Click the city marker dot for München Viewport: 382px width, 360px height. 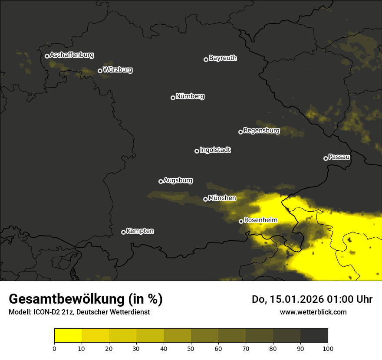(205, 200)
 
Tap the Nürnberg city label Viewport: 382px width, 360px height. (190, 96)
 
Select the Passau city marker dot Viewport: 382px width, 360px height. (326, 158)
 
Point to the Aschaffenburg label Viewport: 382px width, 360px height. (72, 55)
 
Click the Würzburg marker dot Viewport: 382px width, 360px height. (100, 71)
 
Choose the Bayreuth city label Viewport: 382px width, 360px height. (223, 58)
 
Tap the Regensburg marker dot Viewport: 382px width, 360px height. (240, 132)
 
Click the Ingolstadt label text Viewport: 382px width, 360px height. (215, 150)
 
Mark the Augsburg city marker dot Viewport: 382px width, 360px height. (161, 181)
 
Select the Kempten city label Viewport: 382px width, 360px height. (140, 231)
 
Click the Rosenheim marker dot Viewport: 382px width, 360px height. (241, 221)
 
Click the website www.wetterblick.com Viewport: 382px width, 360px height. (313, 312)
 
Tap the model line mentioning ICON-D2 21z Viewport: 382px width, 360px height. (79, 312)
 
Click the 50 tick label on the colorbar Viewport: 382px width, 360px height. (191, 348)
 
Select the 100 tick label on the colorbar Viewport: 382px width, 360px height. (328, 348)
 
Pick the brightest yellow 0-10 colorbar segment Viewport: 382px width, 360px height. (68, 335)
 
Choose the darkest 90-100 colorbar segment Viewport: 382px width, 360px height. (314, 335)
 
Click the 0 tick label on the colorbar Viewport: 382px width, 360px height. (54, 348)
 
